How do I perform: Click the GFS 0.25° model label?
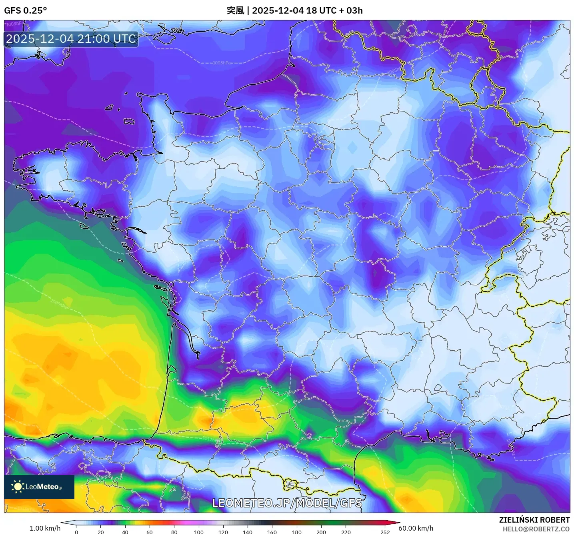[26, 10]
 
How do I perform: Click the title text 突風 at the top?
[235, 10]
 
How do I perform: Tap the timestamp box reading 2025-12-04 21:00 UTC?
[71, 39]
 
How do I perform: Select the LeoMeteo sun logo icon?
[18, 487]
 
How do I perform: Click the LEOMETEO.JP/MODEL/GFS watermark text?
[287, 503]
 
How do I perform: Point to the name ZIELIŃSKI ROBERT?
[534, 520]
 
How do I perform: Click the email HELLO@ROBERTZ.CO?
[536, 529]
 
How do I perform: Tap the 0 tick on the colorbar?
[76, 532]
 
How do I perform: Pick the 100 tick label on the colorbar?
[198, 532]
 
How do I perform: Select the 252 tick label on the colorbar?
[385, 532]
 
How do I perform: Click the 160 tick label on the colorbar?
[272, 532]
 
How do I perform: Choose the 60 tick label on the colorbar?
[150, 532]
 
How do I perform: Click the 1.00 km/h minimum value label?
[45, 528]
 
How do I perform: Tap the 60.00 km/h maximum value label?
[416, 528]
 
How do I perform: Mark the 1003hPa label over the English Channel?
[222, 63]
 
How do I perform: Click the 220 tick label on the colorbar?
[346, 532]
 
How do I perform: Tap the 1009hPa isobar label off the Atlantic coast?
[59, 304]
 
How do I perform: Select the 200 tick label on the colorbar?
[321, 532]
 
